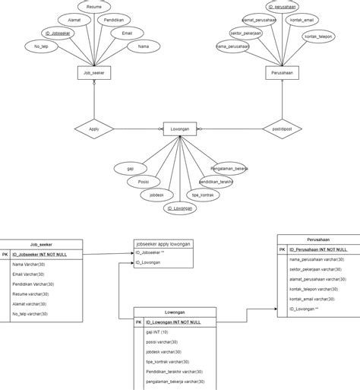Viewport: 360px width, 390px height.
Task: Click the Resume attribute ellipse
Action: click(x=94, y=6)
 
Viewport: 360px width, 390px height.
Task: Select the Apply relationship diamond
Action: click(x=94, y=129)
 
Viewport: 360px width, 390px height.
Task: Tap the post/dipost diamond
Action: click(x=282, y=129)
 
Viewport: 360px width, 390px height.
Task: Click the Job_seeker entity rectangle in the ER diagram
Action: click(x=94, y=73)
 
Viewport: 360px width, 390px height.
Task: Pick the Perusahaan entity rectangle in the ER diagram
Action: click(x=282, y=73)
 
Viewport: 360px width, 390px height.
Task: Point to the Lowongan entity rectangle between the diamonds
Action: click(x=180, y=129)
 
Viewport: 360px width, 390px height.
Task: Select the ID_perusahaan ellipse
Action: click(x=282, y=7)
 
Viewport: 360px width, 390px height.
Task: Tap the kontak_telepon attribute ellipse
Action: click(x=317, y=36)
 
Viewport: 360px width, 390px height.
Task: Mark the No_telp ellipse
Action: click(x=42, y=47)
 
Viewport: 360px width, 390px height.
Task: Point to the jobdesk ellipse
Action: click(x=156, y=195)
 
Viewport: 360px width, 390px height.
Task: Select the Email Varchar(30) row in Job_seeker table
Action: click(x=46, y=274)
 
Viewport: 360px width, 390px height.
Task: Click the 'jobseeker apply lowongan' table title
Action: click(x=163, y=243)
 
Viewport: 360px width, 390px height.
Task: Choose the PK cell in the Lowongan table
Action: click(x=139, y=322)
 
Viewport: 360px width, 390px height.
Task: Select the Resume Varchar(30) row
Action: click(x=46, y=293)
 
